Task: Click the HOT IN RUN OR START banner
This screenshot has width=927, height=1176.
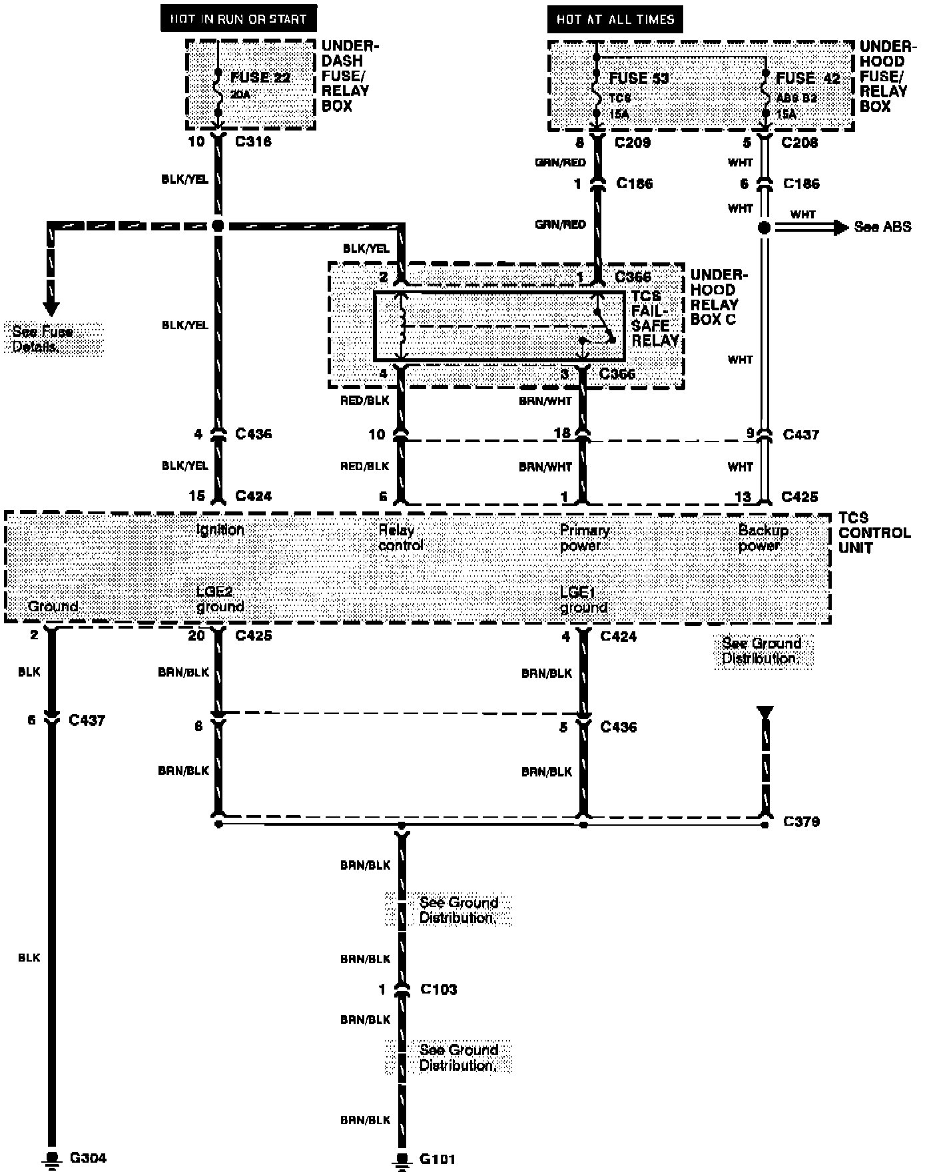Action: tap(238, 19)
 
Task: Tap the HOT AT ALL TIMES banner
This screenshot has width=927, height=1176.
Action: tap(615, 19)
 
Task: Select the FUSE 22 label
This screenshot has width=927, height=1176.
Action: tap(260, 77)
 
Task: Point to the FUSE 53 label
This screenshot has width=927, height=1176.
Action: tap(639, 78)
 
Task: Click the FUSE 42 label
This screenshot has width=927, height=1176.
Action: tap(808, 78)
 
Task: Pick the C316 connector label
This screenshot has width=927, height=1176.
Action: tap(253, 141)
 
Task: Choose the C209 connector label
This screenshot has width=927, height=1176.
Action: tap(632, 142)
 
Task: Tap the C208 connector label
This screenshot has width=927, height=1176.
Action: tap(799, 142)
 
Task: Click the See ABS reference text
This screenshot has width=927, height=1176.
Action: tap(882, 227)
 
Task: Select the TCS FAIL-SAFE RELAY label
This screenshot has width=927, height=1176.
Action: tap(655, 318)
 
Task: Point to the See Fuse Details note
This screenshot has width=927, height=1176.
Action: tap(43, 339)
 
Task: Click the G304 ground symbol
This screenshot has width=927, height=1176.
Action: tap(51, 1159)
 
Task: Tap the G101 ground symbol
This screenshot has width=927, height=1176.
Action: tap(402, 1161)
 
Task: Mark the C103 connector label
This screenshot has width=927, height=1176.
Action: tap(438, 990)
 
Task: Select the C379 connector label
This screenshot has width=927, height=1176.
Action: tap(801, 822)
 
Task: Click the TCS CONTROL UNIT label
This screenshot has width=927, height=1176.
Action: tap(874, 532)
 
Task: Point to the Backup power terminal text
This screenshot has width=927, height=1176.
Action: tap(763, 538)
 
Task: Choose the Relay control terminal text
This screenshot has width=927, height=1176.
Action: tap(400, 538)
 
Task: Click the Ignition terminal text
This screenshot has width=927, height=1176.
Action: tap(220, 530)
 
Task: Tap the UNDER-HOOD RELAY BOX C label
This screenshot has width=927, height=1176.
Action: tap(719, 297)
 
